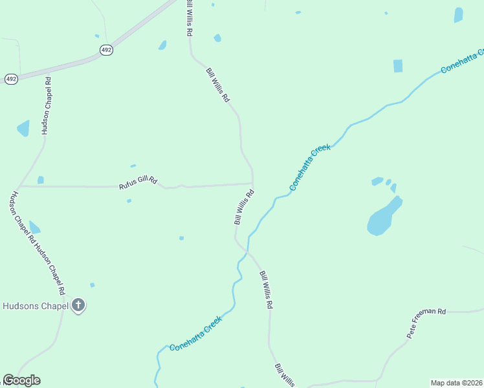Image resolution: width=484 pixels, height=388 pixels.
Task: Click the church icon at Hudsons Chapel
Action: coord(78,305)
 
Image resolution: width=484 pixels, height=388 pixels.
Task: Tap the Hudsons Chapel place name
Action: coord(35,306)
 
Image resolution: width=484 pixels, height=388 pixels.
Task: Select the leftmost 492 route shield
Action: coord(11,78)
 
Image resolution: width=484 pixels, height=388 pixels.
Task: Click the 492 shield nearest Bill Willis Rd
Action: coord(107,50)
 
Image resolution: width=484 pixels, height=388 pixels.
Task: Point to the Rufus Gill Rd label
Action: coord(138,184)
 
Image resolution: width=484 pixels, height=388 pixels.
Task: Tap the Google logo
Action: coord(21,380)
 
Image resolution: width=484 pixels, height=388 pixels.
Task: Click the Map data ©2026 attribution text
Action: coord(456,382)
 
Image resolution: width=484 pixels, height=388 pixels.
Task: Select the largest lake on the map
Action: coord(384,217)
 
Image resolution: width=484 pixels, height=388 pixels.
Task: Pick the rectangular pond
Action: coord(397,66)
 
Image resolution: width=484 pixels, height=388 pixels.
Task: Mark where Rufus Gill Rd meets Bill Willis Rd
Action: coord(252,184)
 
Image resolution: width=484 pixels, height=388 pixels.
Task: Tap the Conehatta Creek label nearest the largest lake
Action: coord(311,167)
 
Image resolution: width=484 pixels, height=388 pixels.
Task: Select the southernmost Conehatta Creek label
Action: coord(196,333)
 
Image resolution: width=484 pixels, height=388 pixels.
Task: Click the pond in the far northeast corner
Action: coord(459,15)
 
